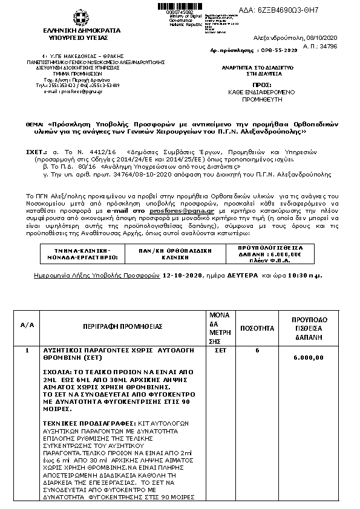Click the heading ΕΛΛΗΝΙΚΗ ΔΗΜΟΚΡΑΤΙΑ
pos(77,30)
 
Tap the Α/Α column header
pos(27,325)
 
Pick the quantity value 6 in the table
pos(257,350)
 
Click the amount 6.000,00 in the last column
pos(308,357)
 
